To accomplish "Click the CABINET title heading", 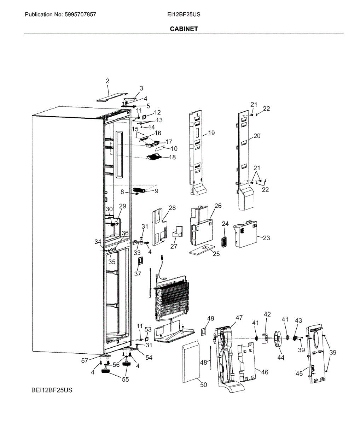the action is pyautogui.click(x=184, y=29).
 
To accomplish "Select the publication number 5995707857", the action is pyautogui.click(x=80, y=15).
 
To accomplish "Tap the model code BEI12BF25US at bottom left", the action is pyautogui.click(x=51, y=390).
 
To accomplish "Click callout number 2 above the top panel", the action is pyautogui.click(x=108, y=81).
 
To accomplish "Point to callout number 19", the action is pyautogui.click(x=211, y=133).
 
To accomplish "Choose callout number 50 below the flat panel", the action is pyautogui.click(x=204, y=385).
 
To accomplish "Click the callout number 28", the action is pyautogui.click(x=172, y=208).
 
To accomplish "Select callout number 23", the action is pyautogui.click(x=266, y=238).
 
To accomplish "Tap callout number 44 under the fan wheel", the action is pyautogui.click(x=280, y=358).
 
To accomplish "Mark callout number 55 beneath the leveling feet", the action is pyautogui.click(x=126, y=379).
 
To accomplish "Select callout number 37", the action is pyautogui.click(x=138, y=274).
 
